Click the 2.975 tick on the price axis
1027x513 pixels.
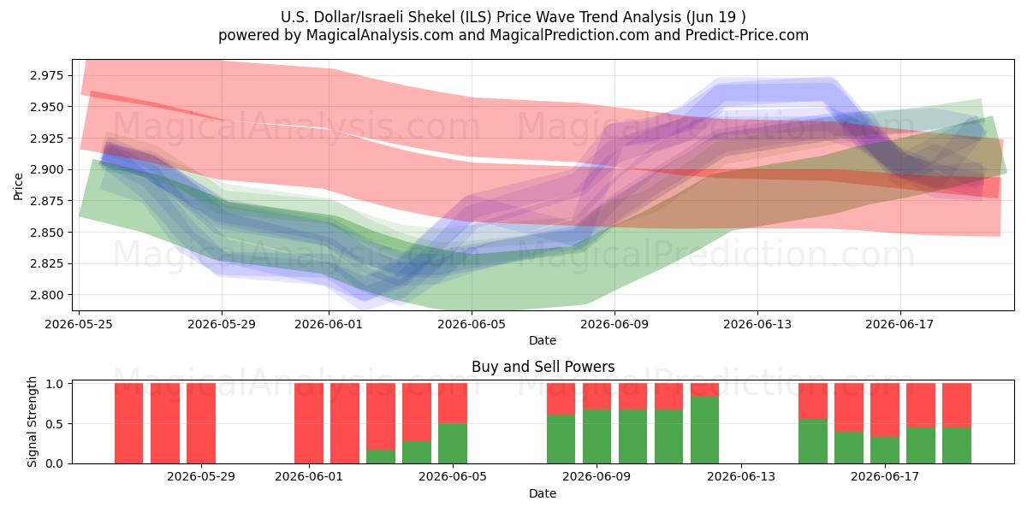(x=47, y=75)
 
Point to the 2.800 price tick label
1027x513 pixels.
(x=47, y=295)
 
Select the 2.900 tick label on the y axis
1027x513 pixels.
(x=47, y=169)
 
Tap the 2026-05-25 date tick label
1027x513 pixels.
(x=79, y=324)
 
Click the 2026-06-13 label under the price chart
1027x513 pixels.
(x=757, y=324)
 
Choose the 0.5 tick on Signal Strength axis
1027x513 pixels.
(x=55, y=424)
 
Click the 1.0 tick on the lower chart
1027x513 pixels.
(x=55, y=384)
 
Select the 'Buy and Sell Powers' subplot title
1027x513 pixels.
(x=543, y=367)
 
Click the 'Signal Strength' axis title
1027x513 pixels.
(x=32, y=422)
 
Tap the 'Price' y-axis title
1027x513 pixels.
(x=18, y=186)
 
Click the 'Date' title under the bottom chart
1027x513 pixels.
(x=543, y=493)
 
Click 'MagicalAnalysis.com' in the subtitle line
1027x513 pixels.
(x=380, y=35)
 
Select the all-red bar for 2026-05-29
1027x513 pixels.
(x=201, y=423)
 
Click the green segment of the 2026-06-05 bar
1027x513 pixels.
(x=453, y=444)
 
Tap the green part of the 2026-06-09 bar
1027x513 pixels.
(x=597, y=437)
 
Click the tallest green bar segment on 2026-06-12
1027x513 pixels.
(x=704, y=430)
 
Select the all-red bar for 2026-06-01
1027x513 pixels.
(x=309, y=423)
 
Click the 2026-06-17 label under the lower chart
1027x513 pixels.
(x=885, y=477)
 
